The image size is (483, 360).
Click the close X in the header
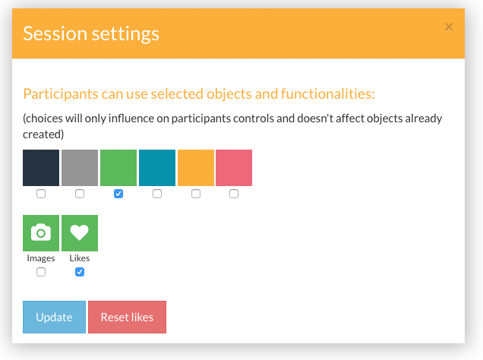(449, 27)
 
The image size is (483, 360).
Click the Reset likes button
(128, 317)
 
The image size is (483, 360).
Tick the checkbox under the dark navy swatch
(41, 194)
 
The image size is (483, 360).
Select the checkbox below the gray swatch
(80, 194)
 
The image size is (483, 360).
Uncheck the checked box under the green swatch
(118, 194)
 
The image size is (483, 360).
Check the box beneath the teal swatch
(157, 194)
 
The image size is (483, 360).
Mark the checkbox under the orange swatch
(196, 194)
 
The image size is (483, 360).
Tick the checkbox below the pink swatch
(234, 194)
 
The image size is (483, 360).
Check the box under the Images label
(41, 272)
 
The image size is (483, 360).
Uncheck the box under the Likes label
(80, 272)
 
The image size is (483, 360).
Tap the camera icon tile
(41, 233)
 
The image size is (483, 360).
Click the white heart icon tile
(80, 233)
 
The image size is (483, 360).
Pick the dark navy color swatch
(41, 168)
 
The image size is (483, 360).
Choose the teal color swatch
(157, 168)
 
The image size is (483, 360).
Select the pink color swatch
(234, 168)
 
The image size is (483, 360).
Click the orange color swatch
(196, 168)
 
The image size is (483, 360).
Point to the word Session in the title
(55, 33)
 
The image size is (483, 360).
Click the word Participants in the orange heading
(61, 94)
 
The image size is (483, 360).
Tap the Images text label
(41, 258)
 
